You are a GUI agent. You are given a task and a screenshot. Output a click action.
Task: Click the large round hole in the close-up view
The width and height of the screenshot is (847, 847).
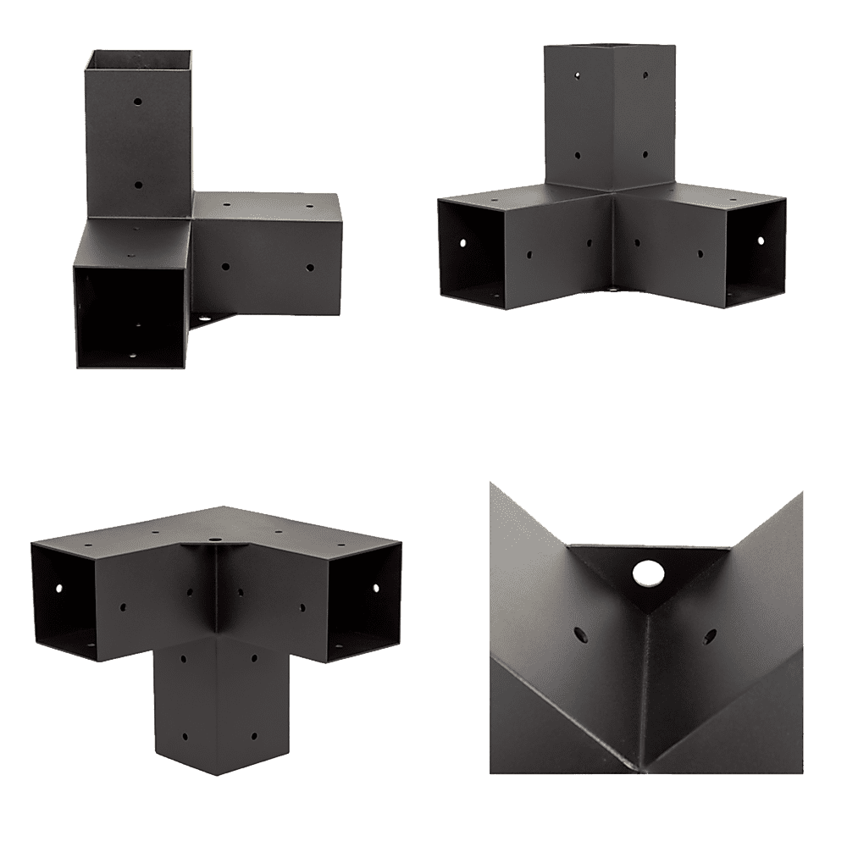(x=648, y=574)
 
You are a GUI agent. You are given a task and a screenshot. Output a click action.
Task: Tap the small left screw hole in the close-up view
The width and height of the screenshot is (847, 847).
(x=580, y=633)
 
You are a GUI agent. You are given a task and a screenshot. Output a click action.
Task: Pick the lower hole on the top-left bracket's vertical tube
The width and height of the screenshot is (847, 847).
(x=138, y=184)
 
